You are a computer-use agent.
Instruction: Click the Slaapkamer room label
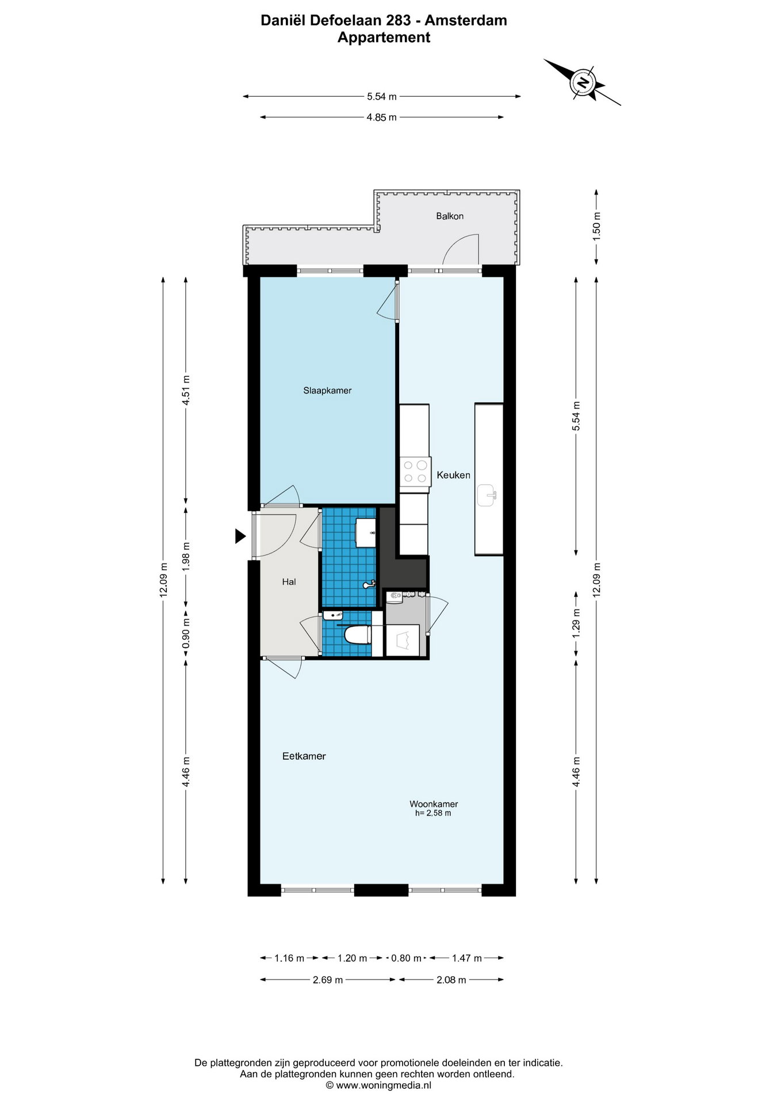coord(327,390)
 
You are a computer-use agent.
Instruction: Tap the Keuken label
coord(453,475)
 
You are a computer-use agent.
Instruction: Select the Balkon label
coord(450,216)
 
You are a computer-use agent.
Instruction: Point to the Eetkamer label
coord(304,756)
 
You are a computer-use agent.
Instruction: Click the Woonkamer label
coord(434,804)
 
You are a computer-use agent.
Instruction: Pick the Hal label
coord(289,582)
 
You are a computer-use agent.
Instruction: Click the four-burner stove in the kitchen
coord(415,471)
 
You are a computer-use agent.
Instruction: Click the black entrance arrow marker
coord(240,536)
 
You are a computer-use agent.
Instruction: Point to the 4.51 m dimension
coord(186,390)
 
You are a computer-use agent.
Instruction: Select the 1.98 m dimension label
coord(186,556)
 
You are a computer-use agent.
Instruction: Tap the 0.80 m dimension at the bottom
coord(406,958)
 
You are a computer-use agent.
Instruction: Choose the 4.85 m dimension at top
coord(382,117)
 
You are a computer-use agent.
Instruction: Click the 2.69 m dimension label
coord(328,980)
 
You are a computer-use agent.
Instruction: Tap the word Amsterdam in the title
coord(466,20)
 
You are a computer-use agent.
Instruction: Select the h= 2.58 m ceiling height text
coord(433,813)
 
